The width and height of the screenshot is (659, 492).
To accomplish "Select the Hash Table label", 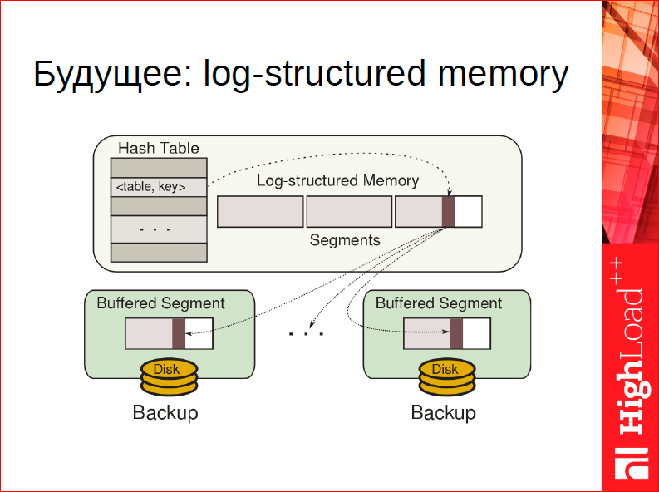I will pyautogui.click(x=159, y=149).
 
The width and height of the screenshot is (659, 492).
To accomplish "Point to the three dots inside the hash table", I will pyautogui.click(x=155, y=229).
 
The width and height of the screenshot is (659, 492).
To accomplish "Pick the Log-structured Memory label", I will pyautogui.click(x=337, y=180).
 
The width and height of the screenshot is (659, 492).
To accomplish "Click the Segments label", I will pyautogui.click(x=345, y=240).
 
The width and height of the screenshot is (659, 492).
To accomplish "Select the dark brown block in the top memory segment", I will pyautogui.click(x=449, y=211).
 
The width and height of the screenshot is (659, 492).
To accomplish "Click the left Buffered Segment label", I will pyautogui.click(x=160, y=303).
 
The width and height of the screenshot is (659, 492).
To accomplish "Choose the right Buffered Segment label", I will pyautogui.click(x=439, y=303).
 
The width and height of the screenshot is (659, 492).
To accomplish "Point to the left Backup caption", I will pyautogui.click(x=165, y=412).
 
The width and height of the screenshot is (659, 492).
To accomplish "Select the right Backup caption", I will pyautogui.click(x=444, y=412).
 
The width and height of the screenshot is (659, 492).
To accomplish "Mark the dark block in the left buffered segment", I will pyautogui.click(x=179, y=333).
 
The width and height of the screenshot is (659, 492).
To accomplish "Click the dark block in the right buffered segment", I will pyautogui.click(x=456, y=333).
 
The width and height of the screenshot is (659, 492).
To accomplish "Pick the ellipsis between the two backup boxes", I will pyautogui.click(x=306, y=333).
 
